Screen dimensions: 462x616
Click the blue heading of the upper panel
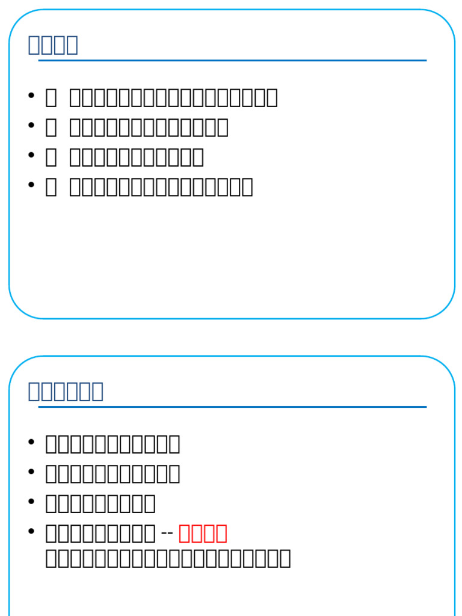(x=53, y=45)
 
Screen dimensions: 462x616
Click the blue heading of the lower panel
(x=66, y=391)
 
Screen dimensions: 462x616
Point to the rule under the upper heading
(x=232, y=61)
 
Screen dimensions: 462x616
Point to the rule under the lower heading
(x=232, y=407)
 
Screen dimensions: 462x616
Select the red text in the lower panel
(x=203, y=533)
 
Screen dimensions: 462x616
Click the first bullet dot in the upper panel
(x=31, y=96)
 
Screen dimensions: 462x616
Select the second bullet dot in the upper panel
(x=31, y=126)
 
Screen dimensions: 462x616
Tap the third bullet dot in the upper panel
(x=31, y=155)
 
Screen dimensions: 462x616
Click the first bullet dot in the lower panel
(x=31, y=442)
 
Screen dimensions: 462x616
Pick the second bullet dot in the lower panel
(x=31, y=472)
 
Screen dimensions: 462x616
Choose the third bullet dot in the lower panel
(x=31, y=502)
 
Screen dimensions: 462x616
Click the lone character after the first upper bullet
(x=51, y=97)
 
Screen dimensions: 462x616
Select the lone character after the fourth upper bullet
(x=51, y=187)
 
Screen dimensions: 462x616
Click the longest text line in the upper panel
(x=173, y=97)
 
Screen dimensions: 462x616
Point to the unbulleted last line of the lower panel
(x=168, y=558)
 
